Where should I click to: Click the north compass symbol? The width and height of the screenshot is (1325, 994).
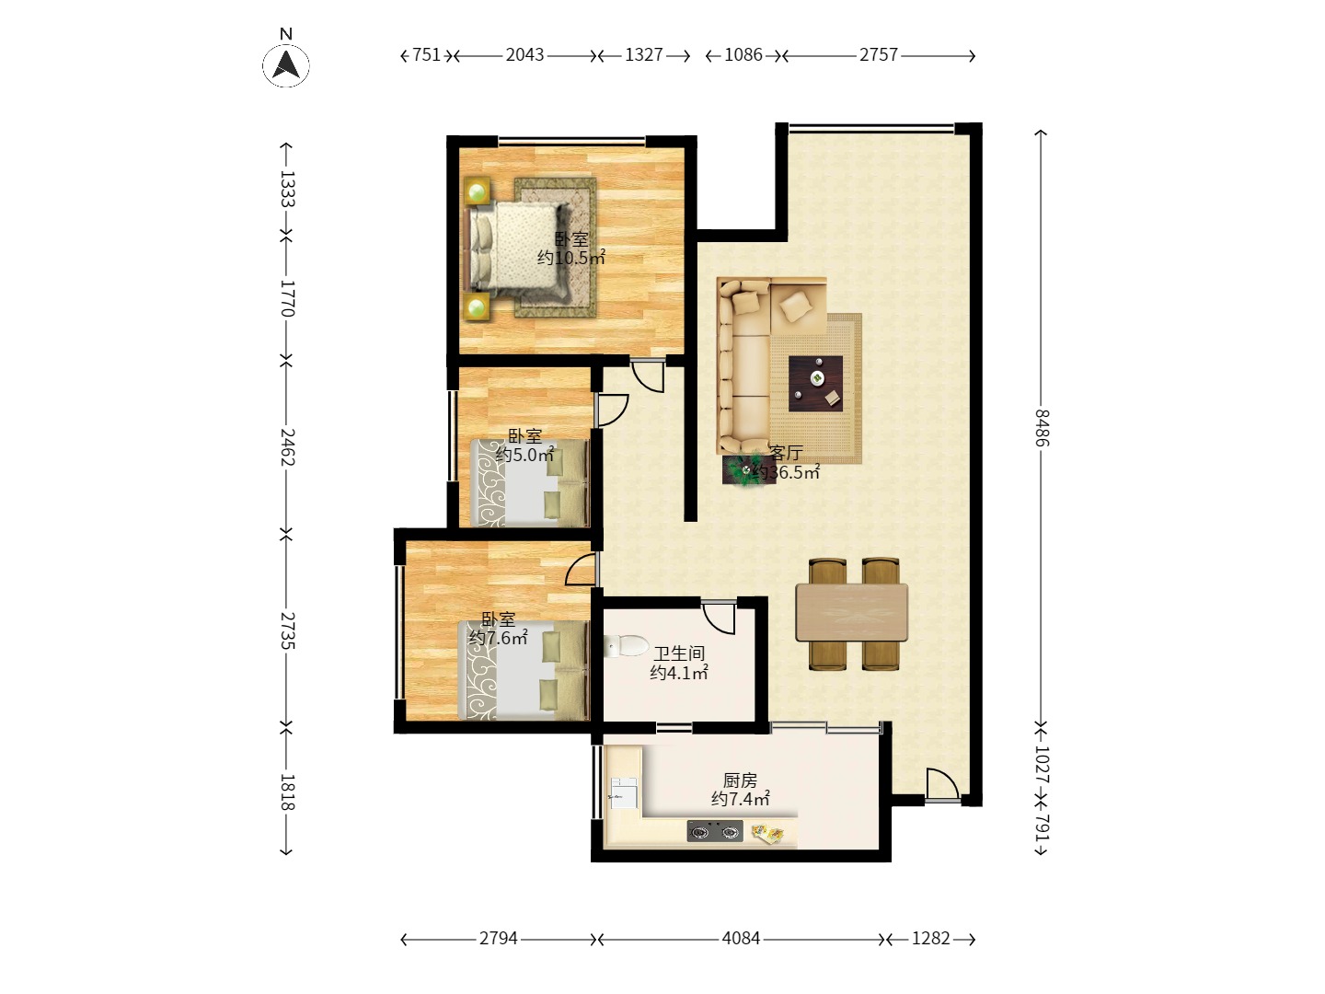(x=285, y=64)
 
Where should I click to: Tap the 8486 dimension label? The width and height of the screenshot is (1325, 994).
(x=1042, y=427)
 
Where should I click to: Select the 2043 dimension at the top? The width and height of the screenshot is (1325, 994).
(x=524, y=55)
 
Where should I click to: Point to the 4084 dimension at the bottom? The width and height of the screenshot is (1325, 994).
(x=741, y=938)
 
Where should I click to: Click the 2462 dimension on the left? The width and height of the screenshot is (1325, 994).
(x=287, y=446)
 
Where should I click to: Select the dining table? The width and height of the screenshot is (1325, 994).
(x=852, y=613)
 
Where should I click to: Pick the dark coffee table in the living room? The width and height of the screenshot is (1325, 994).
(x=815, y=383)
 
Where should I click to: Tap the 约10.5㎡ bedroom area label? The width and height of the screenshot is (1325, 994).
(x=571, y=258)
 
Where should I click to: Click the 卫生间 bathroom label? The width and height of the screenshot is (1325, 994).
(x=679, y=653)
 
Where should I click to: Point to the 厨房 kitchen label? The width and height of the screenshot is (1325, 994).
(x=740, y=780)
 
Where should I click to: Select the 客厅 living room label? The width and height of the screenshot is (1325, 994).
(x=786, y=453)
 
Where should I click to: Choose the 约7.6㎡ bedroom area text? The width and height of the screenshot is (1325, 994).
(x=499, y=637)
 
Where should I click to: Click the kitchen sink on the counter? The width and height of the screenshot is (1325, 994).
(x=624, y=793)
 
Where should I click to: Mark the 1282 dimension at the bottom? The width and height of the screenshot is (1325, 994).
(x=930, y=938)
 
